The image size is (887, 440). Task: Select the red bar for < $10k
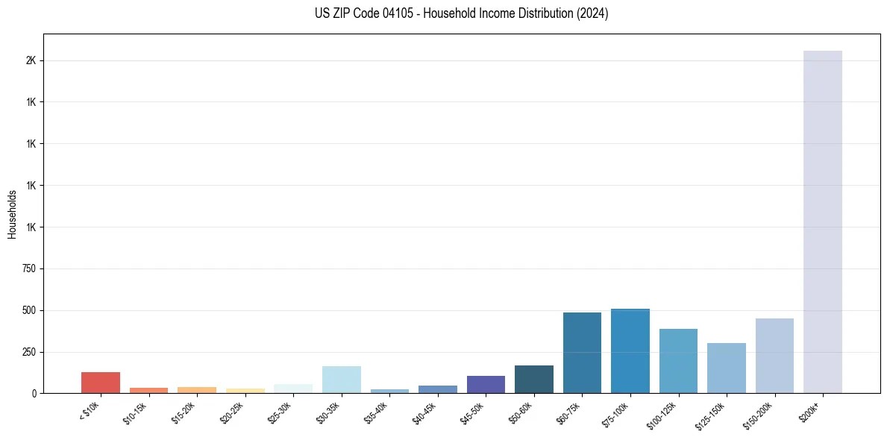pos(101,383)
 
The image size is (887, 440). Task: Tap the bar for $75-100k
pos(630,351)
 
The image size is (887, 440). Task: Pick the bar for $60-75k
pos(582,353)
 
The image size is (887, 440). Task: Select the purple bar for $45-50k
pos(486,384)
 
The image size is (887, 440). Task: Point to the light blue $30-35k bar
pos(342,380)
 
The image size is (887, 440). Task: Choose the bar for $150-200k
pos(774,356)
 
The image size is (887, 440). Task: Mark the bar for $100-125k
pos(678,361)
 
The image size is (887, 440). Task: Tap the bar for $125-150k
pos(727,368)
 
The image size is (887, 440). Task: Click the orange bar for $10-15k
pos(148,390)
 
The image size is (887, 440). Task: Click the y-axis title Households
pos(13,214)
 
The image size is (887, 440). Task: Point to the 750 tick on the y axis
pos(29,268)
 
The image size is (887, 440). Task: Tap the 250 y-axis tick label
pos(29,352)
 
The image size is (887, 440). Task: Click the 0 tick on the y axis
pos(34,393)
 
